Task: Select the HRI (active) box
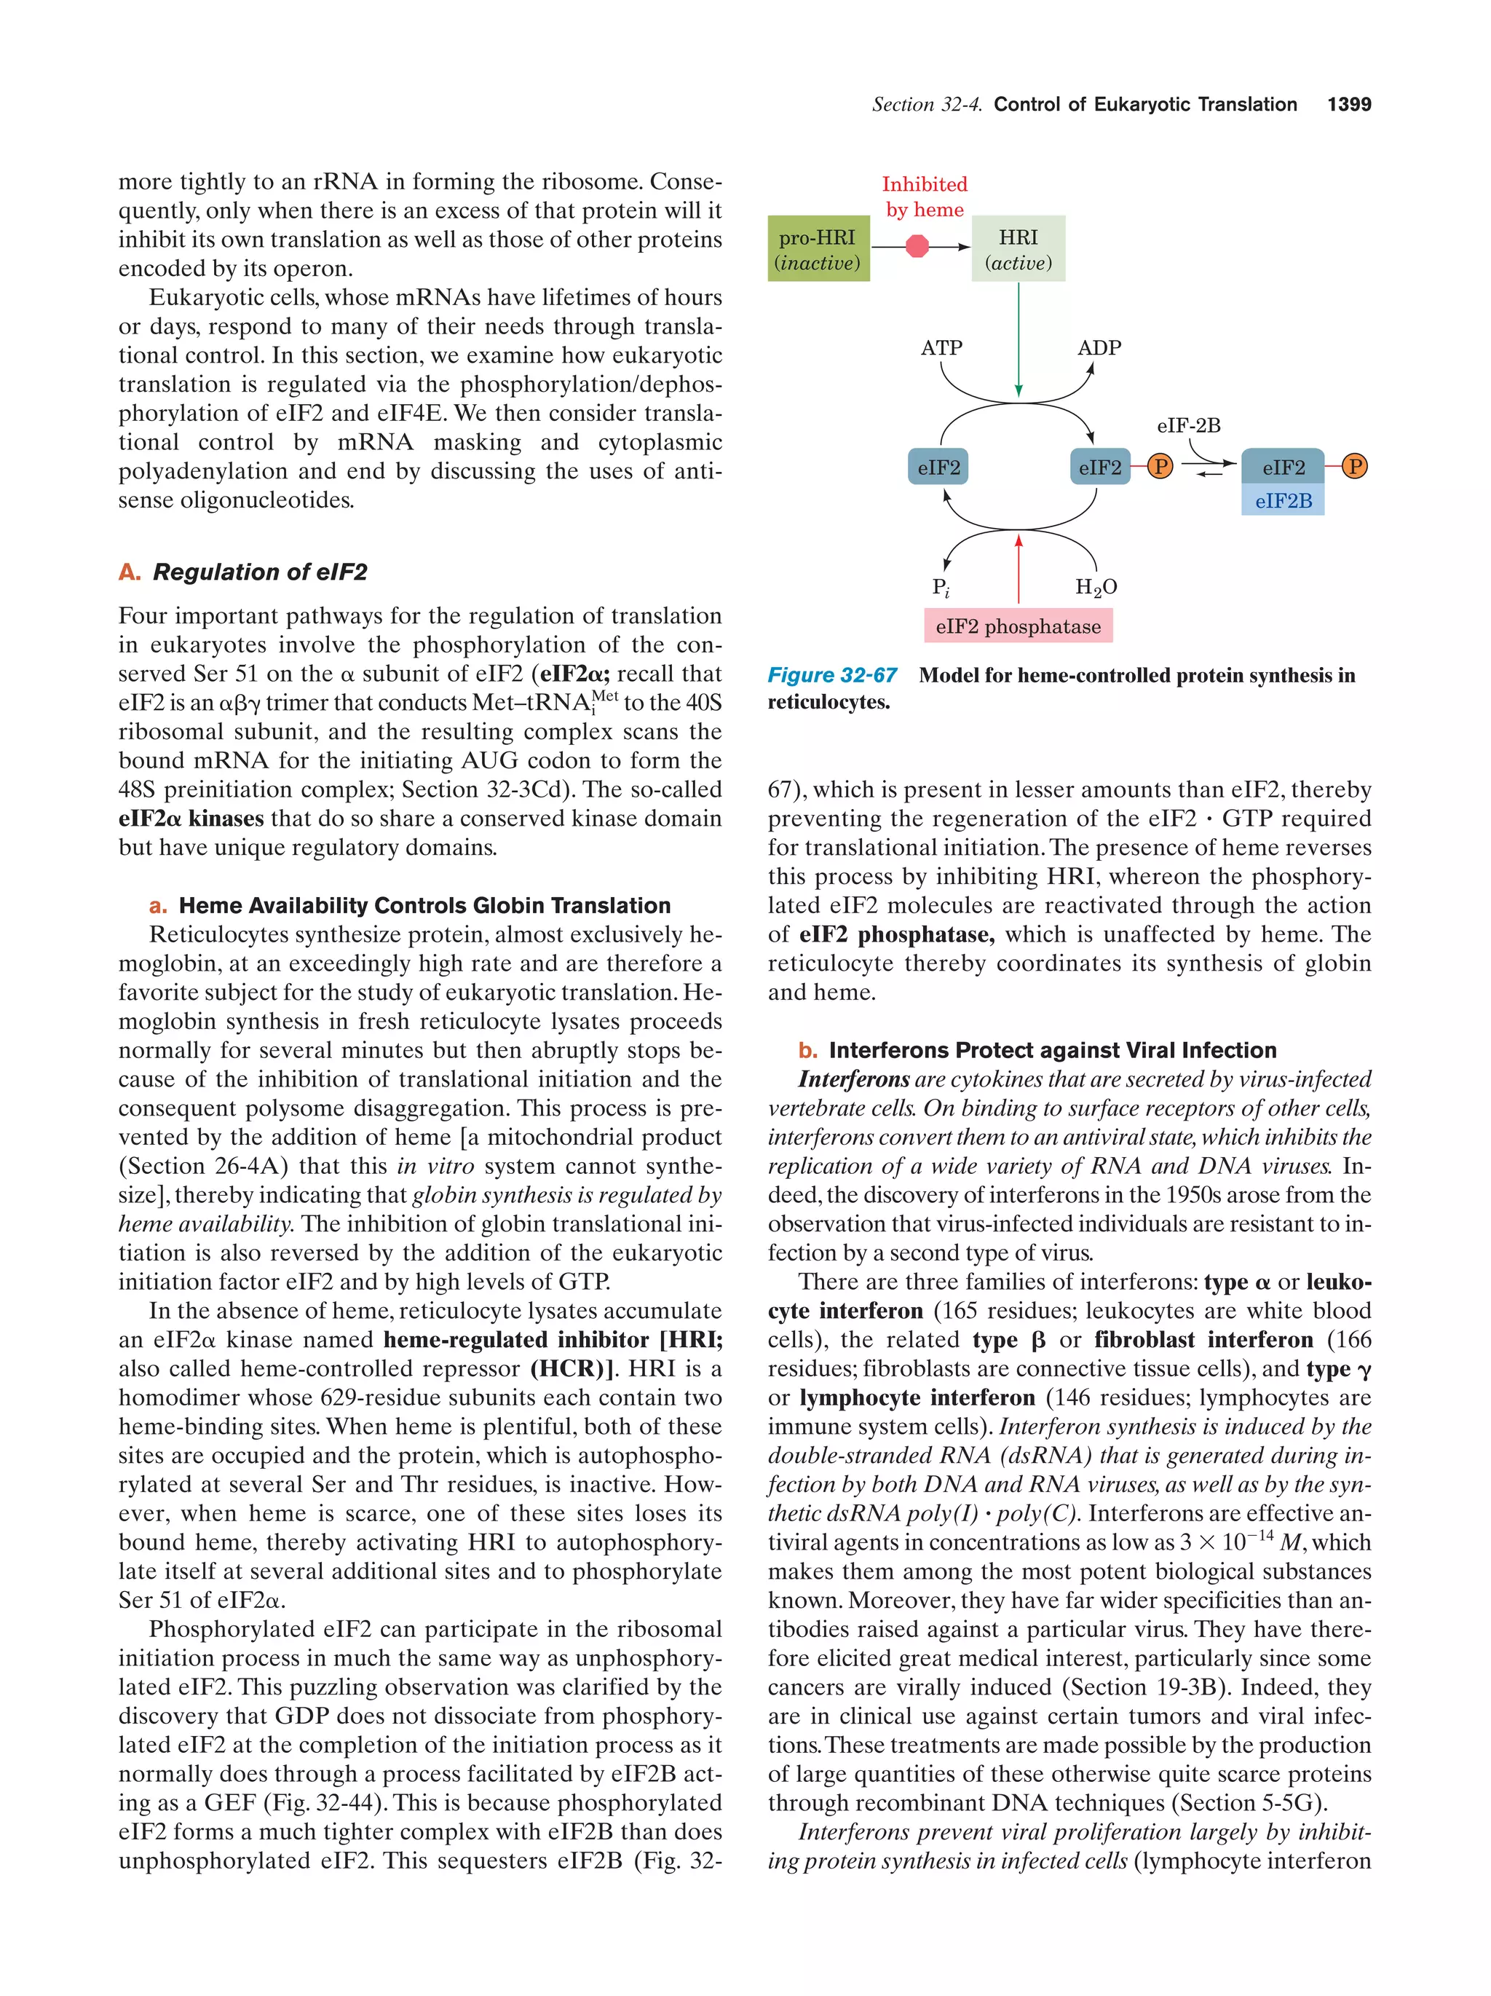pos(1018,248)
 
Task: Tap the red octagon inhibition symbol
pos(917,246)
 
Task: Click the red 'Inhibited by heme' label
pos(924,197)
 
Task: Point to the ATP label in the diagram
pos(941,347)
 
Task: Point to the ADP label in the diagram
pos(1099,347)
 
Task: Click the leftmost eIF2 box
pos(938,467)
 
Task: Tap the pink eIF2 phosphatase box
pos(1018,626)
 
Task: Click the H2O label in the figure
pos(1095,588)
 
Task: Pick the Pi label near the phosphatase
pos(940,588)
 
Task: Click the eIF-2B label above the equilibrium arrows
pos(1188,425)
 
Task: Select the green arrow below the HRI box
pos(1019,339)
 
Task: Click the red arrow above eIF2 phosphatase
pos(1019,569)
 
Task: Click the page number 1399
pos(1348,105)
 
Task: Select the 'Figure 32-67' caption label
pos(831,675)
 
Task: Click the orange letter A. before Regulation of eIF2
pos(129,572)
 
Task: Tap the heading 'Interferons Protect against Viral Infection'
pos(1052,1049)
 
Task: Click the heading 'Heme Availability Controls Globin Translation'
pos(424,905)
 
